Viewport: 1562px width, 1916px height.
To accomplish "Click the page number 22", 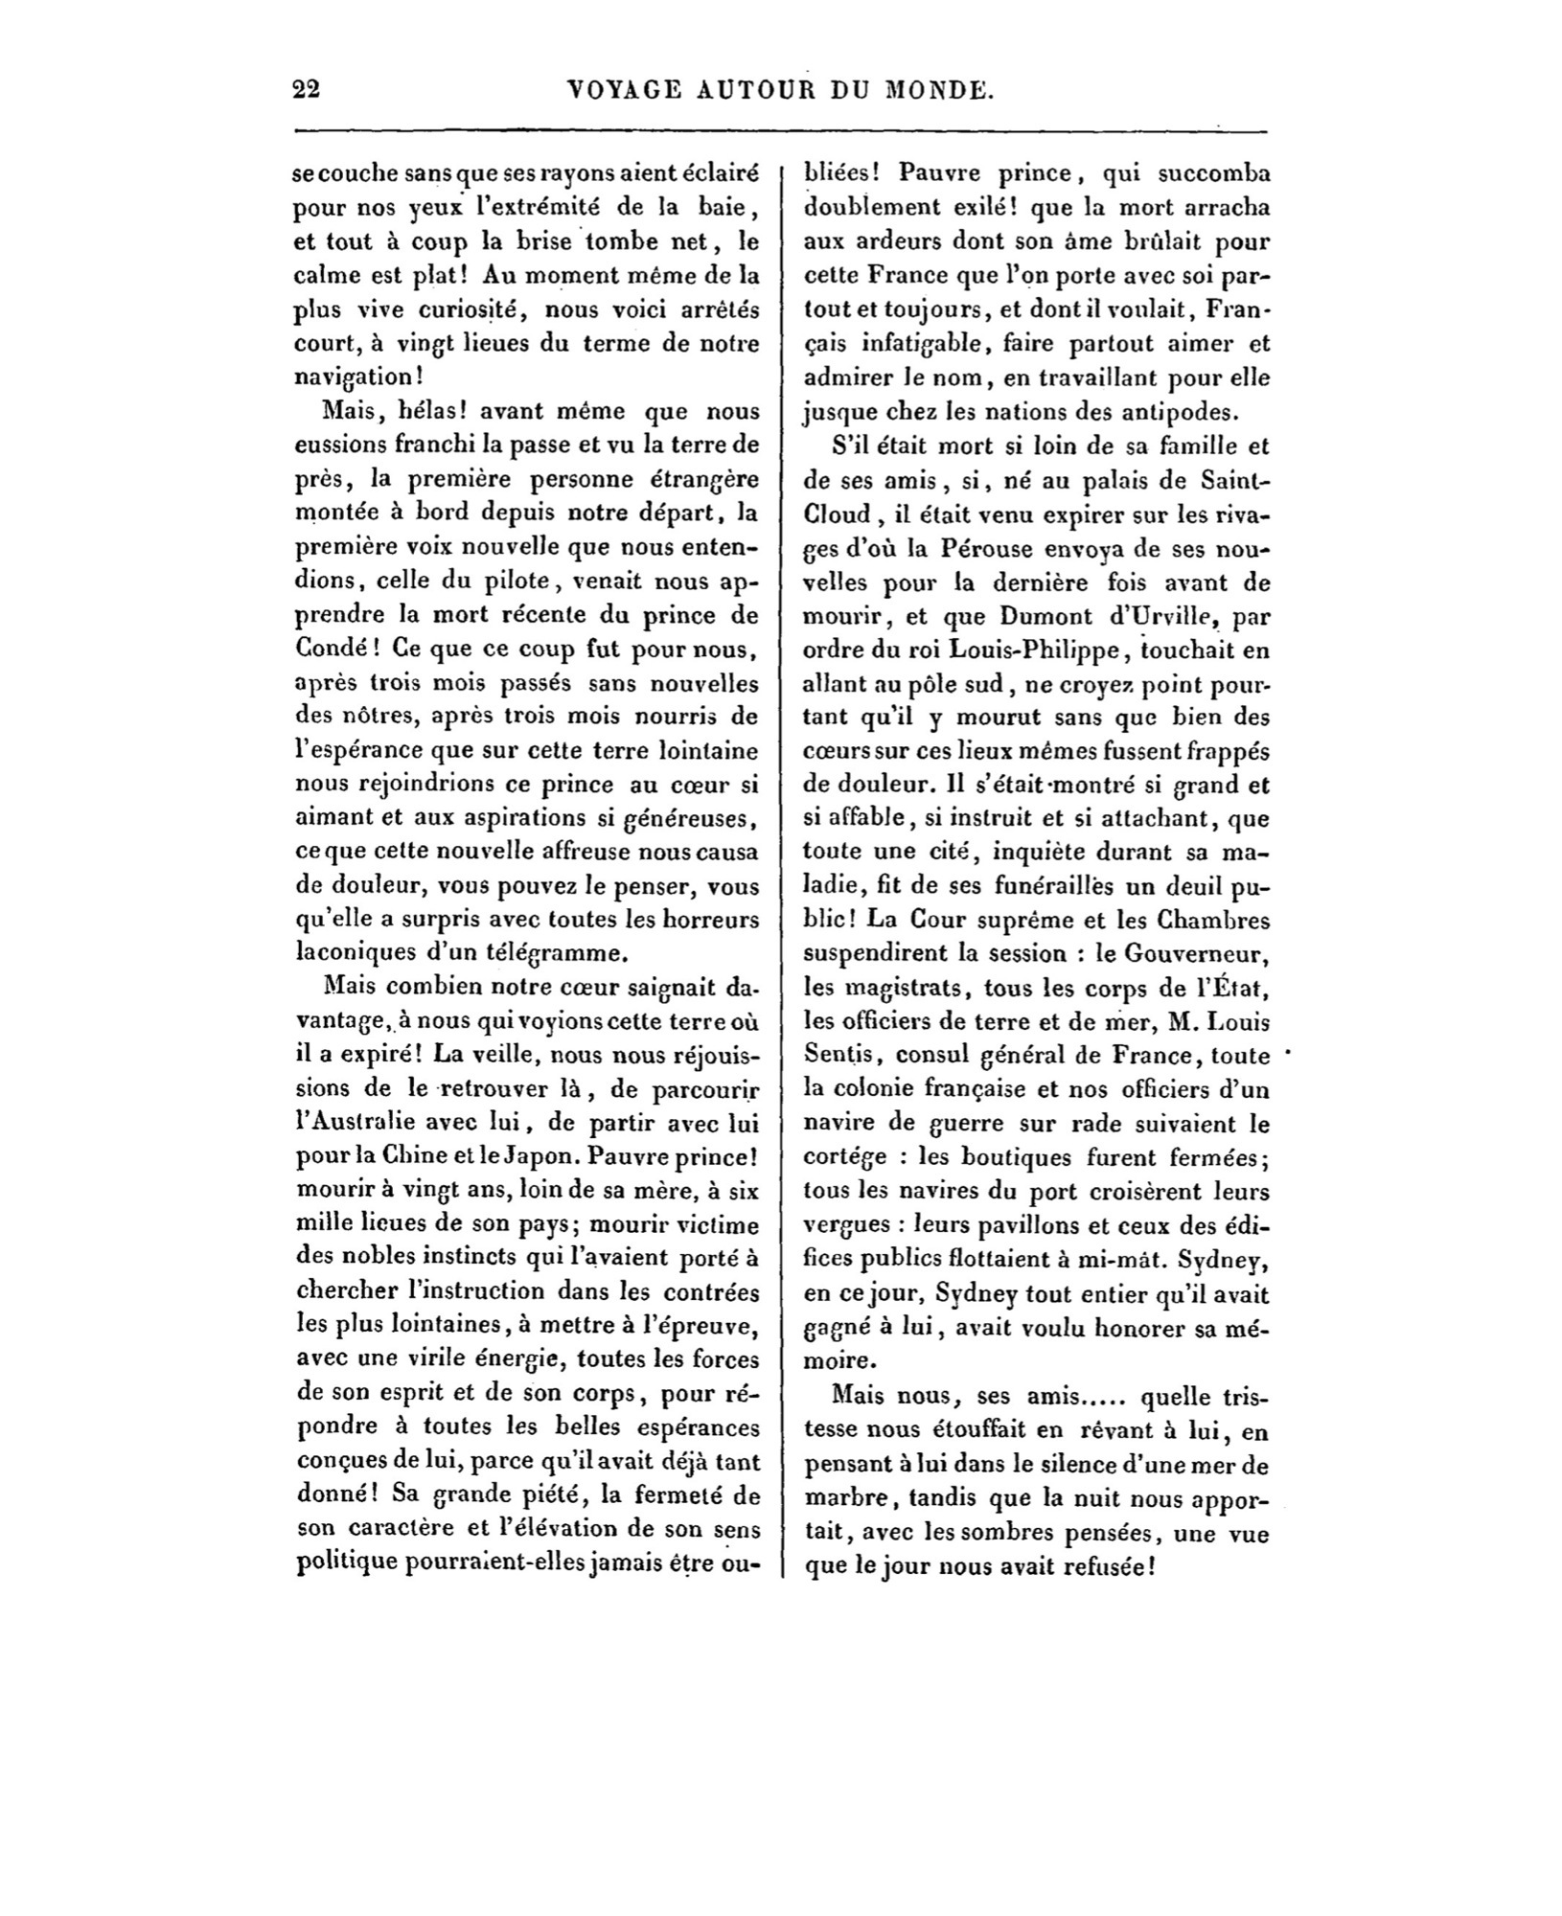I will click(306, 90).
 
